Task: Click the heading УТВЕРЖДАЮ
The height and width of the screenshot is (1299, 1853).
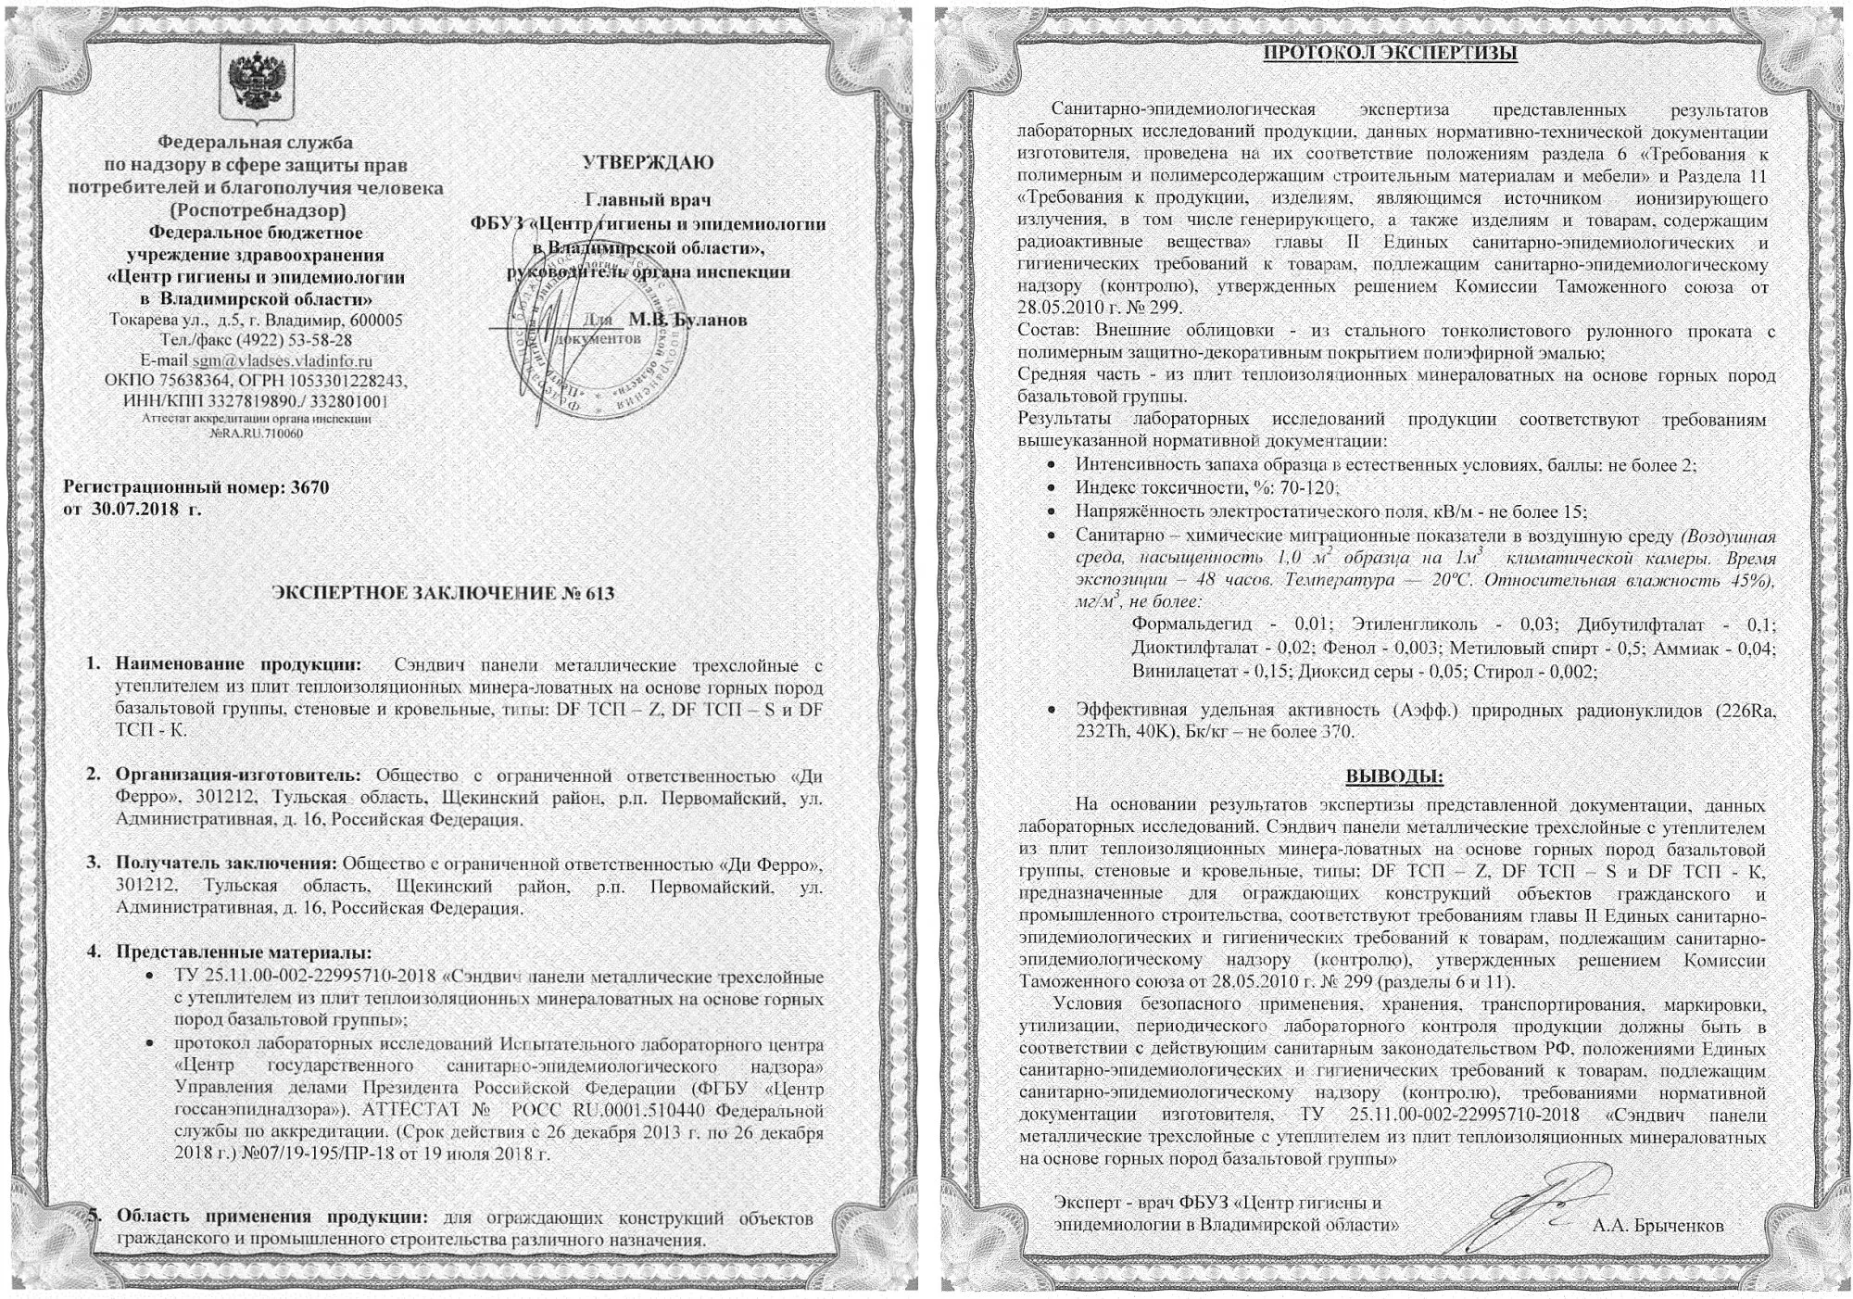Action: [x=648, y=162]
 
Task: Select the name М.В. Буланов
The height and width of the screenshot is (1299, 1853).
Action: [x=687, y=320]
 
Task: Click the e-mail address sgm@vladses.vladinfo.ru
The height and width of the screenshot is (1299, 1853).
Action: [x=282, y=360]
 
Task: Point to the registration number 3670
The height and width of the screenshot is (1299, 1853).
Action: [x=309, y=487]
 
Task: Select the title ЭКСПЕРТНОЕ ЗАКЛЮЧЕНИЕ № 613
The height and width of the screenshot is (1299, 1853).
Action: [x=442, y=593]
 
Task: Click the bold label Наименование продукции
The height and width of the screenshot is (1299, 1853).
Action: [x=238, y=664]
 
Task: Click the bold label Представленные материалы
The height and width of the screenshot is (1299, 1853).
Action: [x=243, y=952]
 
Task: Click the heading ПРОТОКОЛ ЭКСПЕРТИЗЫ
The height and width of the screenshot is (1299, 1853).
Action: [x=1391, y=53]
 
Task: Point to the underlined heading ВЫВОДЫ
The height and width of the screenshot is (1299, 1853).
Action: [x=1393, y=776]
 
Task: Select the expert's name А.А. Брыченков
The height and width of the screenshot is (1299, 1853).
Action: [x=1658, y=1226]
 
